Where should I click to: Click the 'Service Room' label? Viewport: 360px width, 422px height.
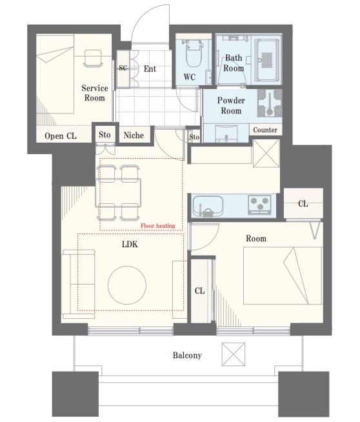pyautogui.click(x=95, y=93)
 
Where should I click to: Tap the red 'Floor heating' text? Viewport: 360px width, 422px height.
pyautogui.click(x=158, y=226)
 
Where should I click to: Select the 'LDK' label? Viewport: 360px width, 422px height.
pyautogui.click(x=130, y=244)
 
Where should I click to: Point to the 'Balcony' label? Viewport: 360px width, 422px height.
pyautogui.click(x=187, y=356)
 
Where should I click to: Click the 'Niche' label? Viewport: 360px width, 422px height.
pyautogui.click(x=134, y=135)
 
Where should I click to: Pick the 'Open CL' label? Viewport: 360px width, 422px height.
pyautogui.click(x=61, y=136)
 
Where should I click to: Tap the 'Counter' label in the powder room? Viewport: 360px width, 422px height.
pyautogui.click(x=265, y=130)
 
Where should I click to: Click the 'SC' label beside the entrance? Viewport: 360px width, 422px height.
pyautogui.click(x=123, y=68)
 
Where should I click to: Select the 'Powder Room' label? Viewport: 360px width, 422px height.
pyautogui.click(x=231, y=106)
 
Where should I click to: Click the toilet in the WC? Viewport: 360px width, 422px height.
pyautogui.click(x=194, y=53)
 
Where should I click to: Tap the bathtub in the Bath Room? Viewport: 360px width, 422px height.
pyautogui.click(x=266, y=60)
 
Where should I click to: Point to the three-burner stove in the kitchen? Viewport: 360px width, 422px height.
pyautogui.click(x=259, y=204)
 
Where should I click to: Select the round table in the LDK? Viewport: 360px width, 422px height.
pyautogui.click(x=127, y=285)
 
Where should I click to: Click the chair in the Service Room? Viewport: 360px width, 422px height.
pyautogui.click(x=94, y=59)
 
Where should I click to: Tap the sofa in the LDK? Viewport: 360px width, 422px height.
pyautogui.click(x=79, y=284)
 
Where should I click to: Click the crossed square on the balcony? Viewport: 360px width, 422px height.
pyautogui.click(x=234, y=354)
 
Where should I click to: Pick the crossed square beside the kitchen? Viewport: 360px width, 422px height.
pyautogui.click(x=266, y=153)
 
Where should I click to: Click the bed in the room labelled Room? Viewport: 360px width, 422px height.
pyautogui.click(x=283, y=276)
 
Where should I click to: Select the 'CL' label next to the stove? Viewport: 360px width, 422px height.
pyautogui.click(x=303, y=204)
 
